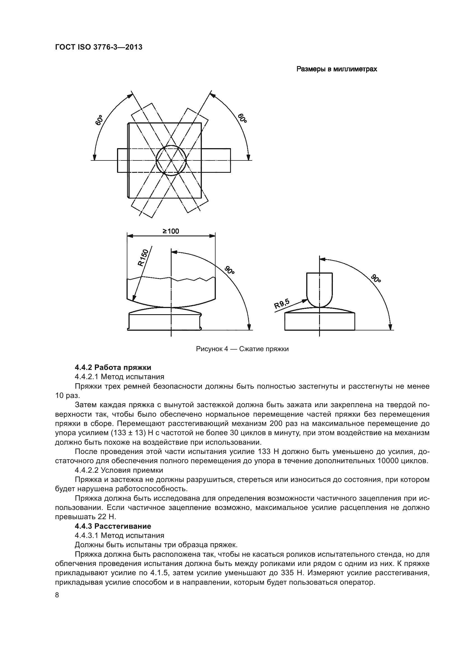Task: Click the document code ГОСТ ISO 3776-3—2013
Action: click(99, 47)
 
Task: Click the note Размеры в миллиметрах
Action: click(336, 69)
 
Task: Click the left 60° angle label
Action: click(99, 120)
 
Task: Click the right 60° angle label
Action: click(242, 118)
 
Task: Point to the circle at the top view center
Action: click(171, 160)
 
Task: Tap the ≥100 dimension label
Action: click(171, 231)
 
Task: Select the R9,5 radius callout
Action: click(282, 303)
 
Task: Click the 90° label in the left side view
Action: click(229, 270)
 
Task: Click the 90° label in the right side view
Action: click(376, 278)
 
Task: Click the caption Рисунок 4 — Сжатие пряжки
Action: click(242, 349)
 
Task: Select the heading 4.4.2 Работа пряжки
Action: click(113, 367)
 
